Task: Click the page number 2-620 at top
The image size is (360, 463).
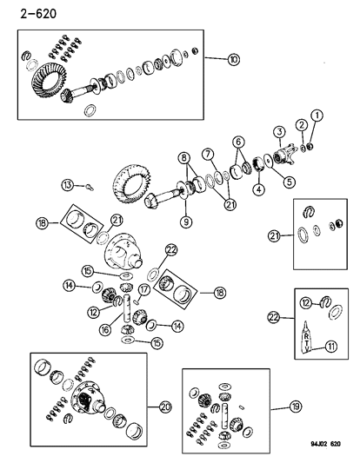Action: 38,14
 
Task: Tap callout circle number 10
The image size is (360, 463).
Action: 234,60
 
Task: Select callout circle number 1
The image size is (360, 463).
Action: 317,116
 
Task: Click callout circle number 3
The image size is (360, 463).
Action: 280,132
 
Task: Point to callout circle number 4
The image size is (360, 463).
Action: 259,189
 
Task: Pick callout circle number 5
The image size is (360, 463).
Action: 289,182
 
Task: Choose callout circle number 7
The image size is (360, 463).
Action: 208,154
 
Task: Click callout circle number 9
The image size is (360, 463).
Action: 186,222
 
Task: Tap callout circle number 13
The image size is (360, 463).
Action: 68,185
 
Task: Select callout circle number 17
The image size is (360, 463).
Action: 144,290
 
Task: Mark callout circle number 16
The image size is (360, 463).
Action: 105,329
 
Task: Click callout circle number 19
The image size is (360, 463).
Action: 296,407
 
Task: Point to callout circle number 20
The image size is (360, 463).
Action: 165,407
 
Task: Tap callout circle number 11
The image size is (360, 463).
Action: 331,346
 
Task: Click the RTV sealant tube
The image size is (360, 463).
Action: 306,337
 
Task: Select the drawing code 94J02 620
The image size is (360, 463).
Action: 325,444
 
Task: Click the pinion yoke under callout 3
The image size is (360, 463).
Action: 284,155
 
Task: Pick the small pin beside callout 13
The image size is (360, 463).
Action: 90,187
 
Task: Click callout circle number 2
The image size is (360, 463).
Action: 302,125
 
